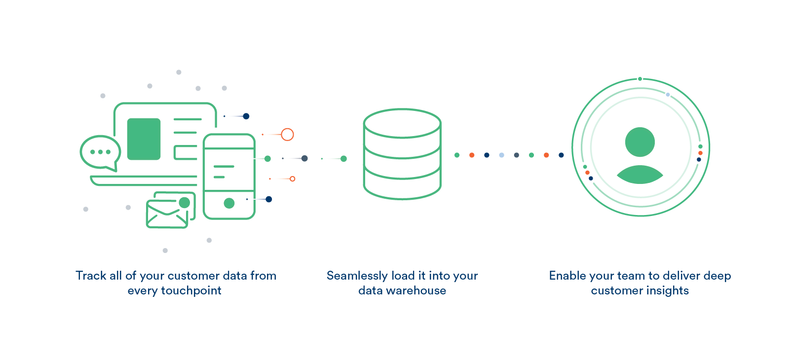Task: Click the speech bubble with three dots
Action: coord(100,152)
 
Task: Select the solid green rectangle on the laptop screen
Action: coord(144,139)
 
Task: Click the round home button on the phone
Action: coord(229,203)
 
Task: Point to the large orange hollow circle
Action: coord(287,134)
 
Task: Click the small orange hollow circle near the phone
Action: coord(293,179)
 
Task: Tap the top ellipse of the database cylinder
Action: coord(402,123)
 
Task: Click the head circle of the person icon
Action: coord(640,142)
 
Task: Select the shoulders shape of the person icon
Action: coord(640,176)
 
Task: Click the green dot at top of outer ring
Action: coord(640,79)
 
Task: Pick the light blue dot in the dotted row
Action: coord(501,155)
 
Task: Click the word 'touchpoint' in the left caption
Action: coord(191,290)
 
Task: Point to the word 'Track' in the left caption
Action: coord(90,276)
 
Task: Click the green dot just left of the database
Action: coord(343,159)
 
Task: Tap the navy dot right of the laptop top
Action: coord(246,116)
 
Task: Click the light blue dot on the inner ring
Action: coord(668,95)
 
